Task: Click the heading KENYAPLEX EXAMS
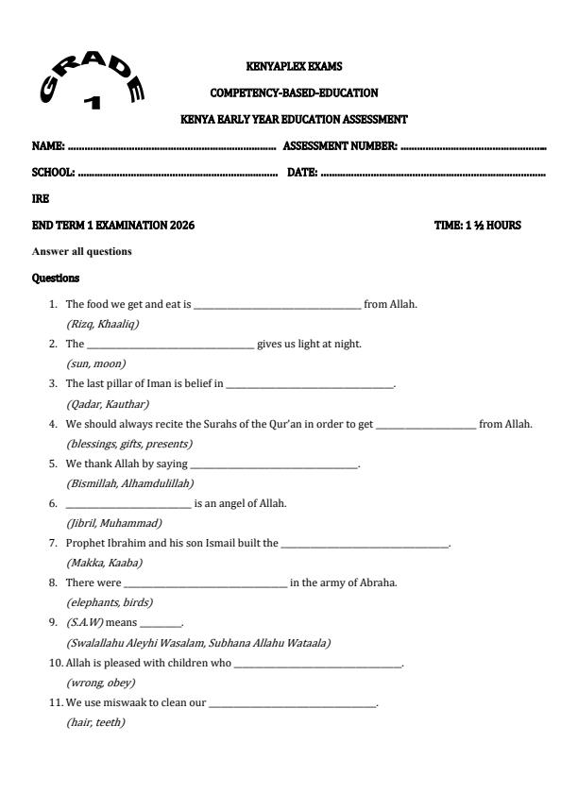click(x=293, y=67)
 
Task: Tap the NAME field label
click(x=48, y=147)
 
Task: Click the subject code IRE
click(x=41, y=200)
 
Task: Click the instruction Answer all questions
click(x=81, y=251)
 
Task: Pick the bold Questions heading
click(x=56, y=278)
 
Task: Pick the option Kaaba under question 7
click(x=123, y=563)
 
